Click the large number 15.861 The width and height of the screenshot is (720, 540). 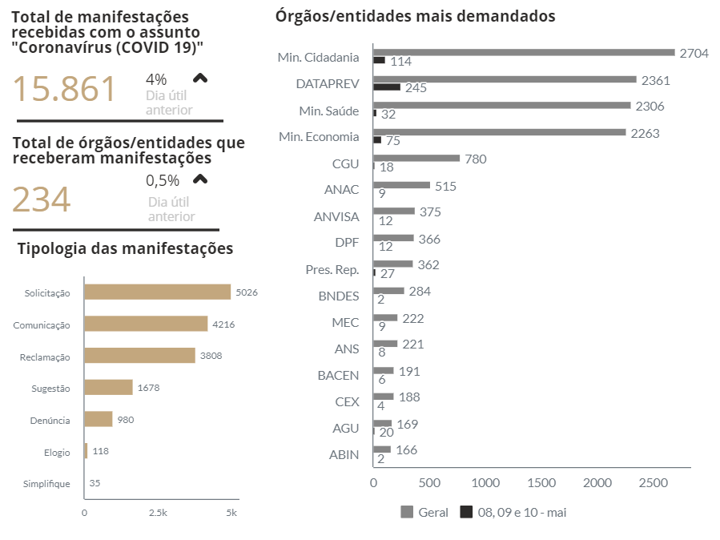[65, 89]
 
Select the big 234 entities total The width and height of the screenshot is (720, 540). [42, 199]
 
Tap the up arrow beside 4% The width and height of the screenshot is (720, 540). [200, 78]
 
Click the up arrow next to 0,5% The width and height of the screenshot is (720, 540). [200, 179]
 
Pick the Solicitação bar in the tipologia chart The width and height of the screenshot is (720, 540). [157, 292]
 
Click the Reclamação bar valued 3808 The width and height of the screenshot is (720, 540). [139, 356]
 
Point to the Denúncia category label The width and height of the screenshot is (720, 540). [50, 420]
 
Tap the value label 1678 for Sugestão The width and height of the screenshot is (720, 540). [149, 388]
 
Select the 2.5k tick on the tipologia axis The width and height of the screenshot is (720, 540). [158, 513]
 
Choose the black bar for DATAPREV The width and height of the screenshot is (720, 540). [387, 87]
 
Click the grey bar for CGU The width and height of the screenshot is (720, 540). [416, 159]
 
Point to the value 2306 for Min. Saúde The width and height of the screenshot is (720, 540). [650, 106]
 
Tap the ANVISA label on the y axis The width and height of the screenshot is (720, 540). [336, 216]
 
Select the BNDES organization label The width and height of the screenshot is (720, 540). [339, 296]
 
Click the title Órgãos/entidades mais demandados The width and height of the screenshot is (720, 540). [415, 16]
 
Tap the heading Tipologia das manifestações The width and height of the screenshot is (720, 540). [125, 248]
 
